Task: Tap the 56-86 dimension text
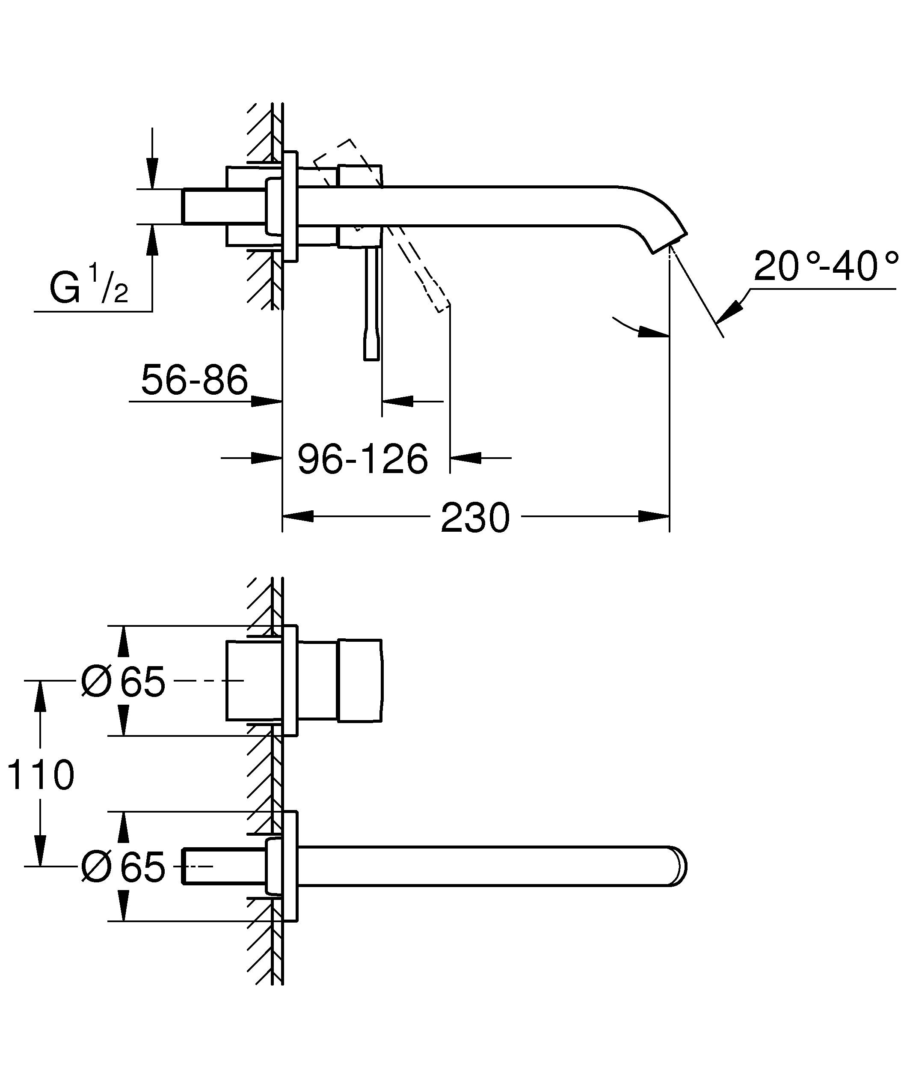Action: click(x=194, y=380)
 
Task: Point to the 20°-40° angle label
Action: click(x=825, y=266)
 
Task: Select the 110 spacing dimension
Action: click(x=40, y=775)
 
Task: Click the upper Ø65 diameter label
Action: click(x=123, y=682)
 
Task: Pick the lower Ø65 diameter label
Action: click(x=123, y=867)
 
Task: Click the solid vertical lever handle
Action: click(x=372, y=304)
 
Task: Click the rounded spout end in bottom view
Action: click(x=679, y=867)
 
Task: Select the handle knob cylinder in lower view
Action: click(x=360, y=681)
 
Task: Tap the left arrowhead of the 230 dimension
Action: click(x=298, y=516)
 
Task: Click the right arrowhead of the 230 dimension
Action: click(x=653, y=516)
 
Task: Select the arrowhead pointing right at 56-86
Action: click(x=267, y=401)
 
